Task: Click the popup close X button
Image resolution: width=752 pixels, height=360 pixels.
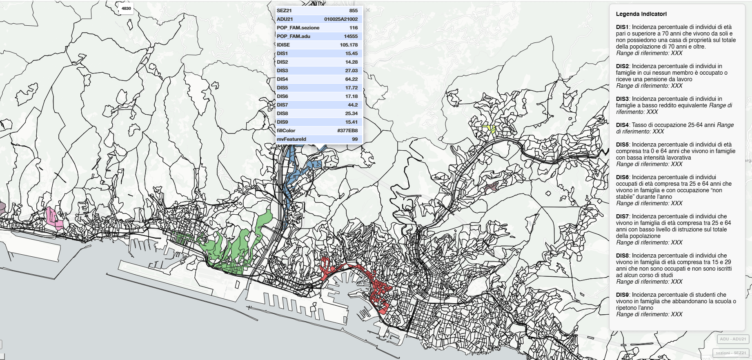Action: pyautogui.click(x=367, y=10)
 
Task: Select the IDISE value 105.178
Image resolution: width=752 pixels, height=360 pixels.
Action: pyautogui.click(x=349, y=45)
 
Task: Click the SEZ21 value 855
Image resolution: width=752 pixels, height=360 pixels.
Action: pyautogui.click(x=353, y=11)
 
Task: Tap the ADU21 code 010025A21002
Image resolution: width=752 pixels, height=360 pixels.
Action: pyautogui.click(x=341, y=19)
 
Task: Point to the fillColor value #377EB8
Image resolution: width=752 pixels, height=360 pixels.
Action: pyautogui.click(x=347, y=131)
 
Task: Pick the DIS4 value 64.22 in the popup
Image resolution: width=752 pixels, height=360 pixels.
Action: pyautogui.click(x=351, y=79)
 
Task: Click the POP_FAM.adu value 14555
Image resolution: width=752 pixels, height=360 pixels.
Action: pyautogui.click(x=351, y=36)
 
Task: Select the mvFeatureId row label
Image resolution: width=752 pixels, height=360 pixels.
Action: pyautogui.click(x=291, y=139)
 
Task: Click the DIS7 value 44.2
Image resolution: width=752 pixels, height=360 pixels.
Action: pyautogui.click(x=353, y=105)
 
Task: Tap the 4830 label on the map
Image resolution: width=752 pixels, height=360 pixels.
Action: pyautogui.click(x=126, y=9)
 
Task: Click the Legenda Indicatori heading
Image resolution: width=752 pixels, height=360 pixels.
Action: pyautogui.click(x=641, y=14)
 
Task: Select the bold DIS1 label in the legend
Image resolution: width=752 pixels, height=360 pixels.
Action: pyautogui.click(x=622, y=27)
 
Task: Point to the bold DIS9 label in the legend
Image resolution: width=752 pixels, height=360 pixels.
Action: pyautogui.click(x=622, y=295)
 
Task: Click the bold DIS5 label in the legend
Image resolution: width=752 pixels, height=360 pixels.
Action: pyautogui.click(x=622, y=144)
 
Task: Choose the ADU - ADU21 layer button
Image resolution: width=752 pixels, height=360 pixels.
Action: pyautogui.click(x=733, y=339)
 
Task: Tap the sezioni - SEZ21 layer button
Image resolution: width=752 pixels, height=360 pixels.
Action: pyautogui.click(x=731, y=353)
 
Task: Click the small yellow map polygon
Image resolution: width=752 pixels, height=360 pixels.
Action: pyautogui.click(x=489, y=129)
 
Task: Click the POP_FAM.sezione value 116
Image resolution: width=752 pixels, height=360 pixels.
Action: pyautogui.click(x=354, y=28)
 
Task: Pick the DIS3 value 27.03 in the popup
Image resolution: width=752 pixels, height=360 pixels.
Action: pyautogui.click(x=351, y=71)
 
